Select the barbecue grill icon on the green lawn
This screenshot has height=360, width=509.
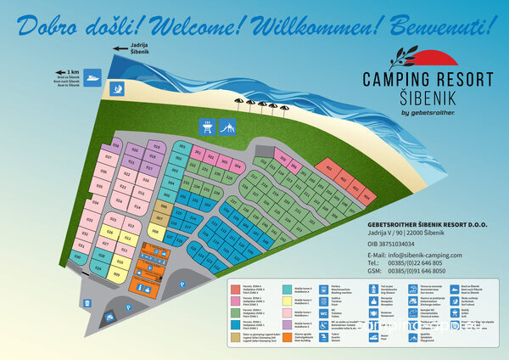coord(206,128)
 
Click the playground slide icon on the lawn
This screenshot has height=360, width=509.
coord(227,128)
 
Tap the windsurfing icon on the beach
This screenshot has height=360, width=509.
coord(119,87)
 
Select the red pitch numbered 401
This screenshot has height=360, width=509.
coord(329,166)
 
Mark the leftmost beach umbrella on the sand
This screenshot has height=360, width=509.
coord(239,104)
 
